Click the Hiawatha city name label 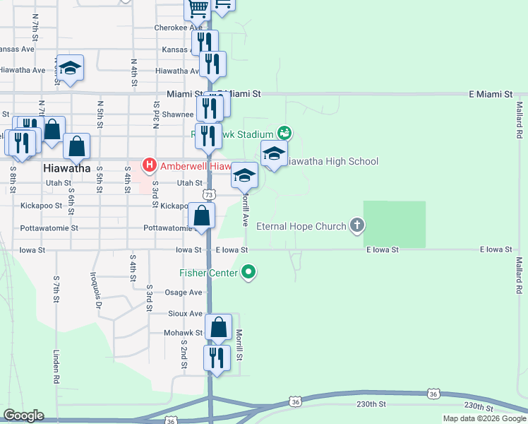click(x=67, y=168)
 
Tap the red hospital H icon click(x=150, y=165)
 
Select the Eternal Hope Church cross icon click(x=357, y=226)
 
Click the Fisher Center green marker click(x=248, y=271)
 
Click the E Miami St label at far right click(x=491, y=94)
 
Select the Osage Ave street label click(x=184, y=293)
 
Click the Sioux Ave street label click(x=186, y=313)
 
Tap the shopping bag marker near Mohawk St click(x=218, y=327)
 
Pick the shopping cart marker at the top click(x=198, y=8)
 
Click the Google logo click(x=23, y=416)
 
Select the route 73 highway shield click(x=208, y=194)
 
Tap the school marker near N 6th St click(x=70, y=68)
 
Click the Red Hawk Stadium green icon click(x=284, y=132)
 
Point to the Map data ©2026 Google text click(x=484, y=418)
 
